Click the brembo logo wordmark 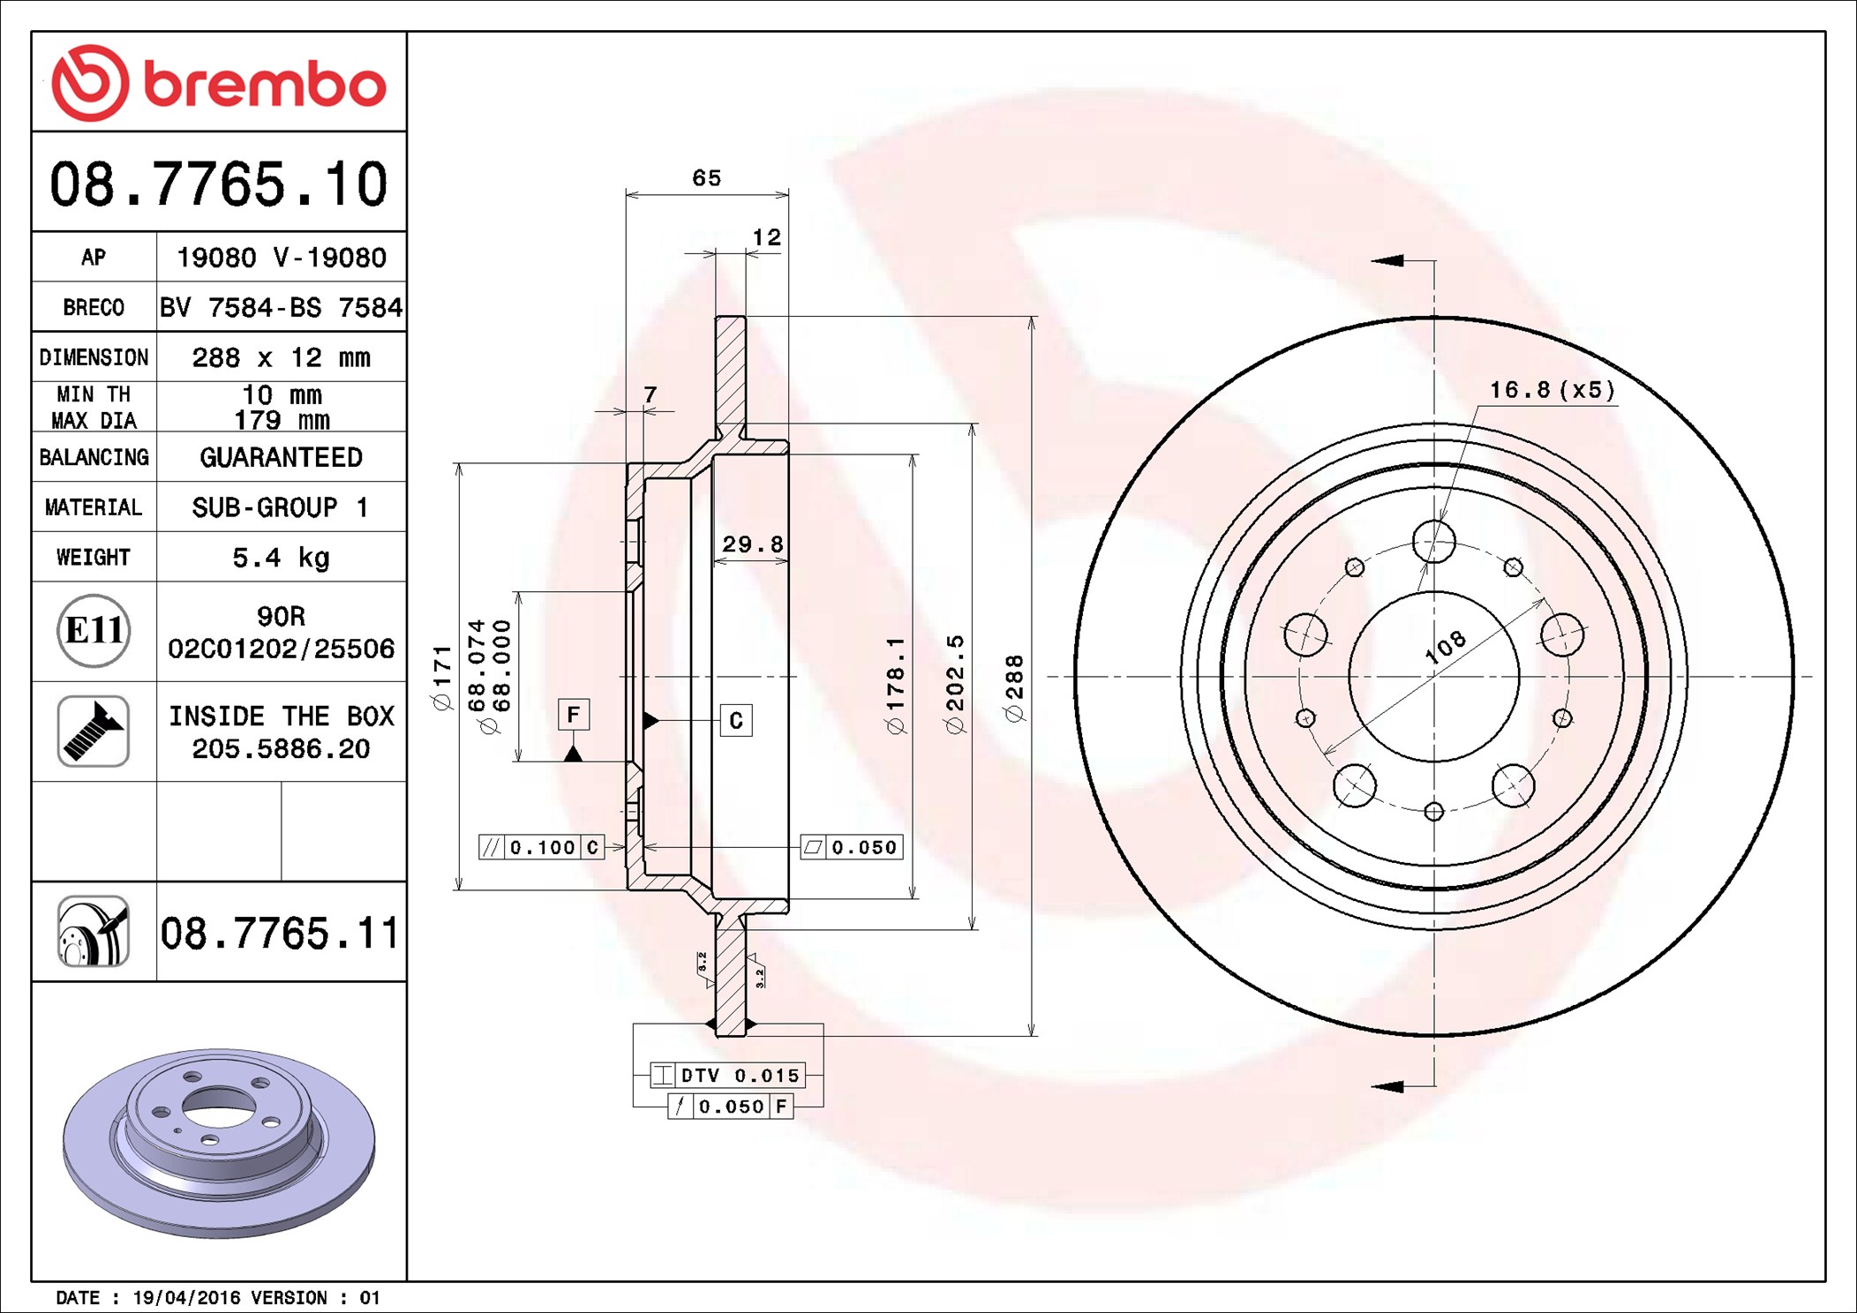click(265, 85)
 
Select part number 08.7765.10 click(219, 184)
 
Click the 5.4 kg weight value click(281, 558)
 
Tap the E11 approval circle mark click(94, 630)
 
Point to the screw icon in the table click(94, 731)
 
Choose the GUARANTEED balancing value click(281, 457)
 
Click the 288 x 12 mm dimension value click(281, 357)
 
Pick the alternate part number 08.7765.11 click(280, 933)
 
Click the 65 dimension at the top click(707, 177)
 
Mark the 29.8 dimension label click(753, 544)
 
